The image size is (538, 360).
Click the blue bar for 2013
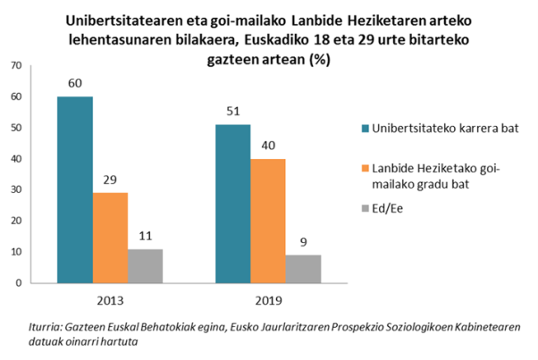[75, 189]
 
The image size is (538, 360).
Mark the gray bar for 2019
[302, 268]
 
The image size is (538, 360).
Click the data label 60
[75, 85]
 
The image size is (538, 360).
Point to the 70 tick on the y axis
[15, 66]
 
